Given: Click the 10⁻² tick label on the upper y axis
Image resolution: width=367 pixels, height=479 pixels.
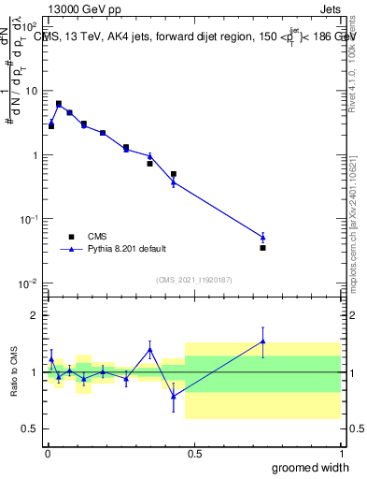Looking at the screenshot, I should (28, 283).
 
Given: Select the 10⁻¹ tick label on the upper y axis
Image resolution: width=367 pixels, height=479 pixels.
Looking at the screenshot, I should (28, 220).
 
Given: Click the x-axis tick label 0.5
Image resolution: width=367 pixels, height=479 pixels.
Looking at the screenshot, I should (194, 453).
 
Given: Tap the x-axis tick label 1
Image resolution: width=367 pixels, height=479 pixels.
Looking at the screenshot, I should (341, 453).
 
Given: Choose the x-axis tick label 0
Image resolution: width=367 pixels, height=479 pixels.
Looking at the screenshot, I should (48, 453).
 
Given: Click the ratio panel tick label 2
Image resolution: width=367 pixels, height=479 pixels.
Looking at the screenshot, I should (34, 315).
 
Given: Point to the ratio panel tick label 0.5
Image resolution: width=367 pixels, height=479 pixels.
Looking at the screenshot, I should (30, 428).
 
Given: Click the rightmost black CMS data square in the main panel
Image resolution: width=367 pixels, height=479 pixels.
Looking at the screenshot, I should (263, 248).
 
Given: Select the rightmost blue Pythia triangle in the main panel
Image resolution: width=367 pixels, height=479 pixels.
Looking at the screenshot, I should (263, 237).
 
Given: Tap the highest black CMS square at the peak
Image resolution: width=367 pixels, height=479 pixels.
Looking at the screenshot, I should (59, 104).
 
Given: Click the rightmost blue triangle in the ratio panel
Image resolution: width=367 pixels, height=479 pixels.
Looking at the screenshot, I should (263, 341).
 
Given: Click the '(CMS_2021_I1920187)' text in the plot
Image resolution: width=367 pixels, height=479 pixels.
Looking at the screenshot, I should (194, 279).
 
